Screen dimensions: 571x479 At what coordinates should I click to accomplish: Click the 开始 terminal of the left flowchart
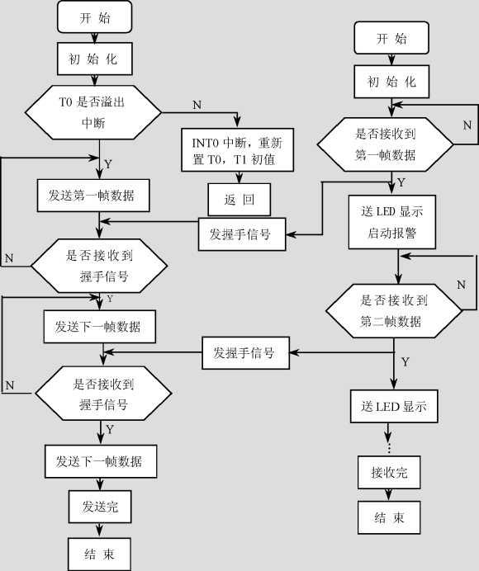coord(95,18)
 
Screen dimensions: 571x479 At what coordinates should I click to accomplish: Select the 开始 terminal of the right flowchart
coord(391,39)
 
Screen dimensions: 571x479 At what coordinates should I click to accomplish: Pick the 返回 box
coord(238,200)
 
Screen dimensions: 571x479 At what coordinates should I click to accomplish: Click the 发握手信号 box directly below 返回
coord(242,234)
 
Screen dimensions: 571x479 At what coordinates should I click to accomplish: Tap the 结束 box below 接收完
coord(388,518)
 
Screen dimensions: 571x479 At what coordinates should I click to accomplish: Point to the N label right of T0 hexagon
coord(196,105)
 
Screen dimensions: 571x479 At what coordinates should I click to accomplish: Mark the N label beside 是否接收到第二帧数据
coord(462,284)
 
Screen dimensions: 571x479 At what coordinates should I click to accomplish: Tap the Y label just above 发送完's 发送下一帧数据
coord(109,430)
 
